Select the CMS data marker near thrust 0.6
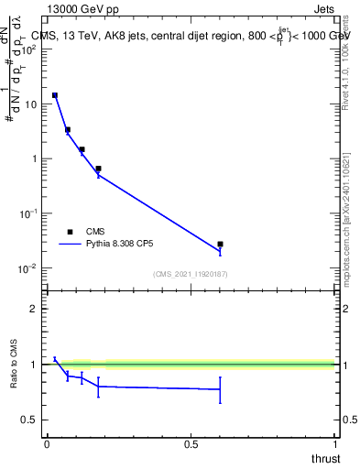(220, 245)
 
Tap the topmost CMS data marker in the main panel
(55, 95)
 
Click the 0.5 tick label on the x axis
(191, 444)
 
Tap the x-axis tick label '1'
(335, 444)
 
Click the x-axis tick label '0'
(47, 444)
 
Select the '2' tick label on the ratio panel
(34, 309)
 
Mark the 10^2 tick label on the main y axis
(28, 49)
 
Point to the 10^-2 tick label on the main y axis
(28, 267)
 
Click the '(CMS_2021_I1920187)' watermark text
(191, 274)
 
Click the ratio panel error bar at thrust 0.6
(220, 389)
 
